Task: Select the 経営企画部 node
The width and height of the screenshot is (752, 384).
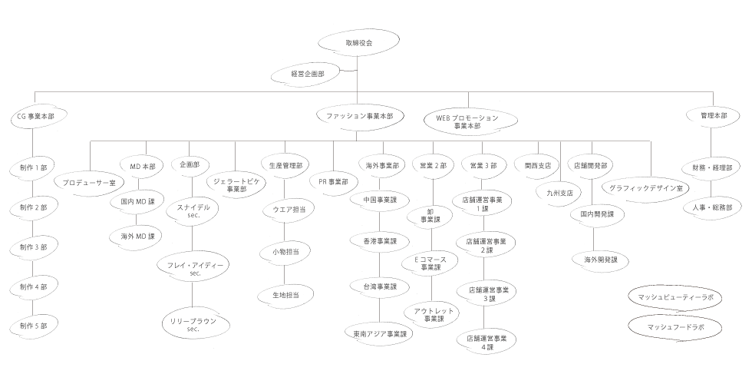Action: coord(307,74)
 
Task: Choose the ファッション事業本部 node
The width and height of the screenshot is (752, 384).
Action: coord(355,116)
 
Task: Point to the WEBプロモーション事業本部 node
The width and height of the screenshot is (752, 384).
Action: coord(467,121)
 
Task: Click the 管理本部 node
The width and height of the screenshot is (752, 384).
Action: coord(714,115)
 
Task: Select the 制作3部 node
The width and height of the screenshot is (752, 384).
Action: coord(33,247)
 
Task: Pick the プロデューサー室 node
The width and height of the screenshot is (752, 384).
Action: coord(91,183)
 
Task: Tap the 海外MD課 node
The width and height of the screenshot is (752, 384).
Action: coord(137,236)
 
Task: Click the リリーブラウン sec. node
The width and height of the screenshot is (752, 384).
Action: coord(192,323)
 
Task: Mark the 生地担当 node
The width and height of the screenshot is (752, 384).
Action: coord(285,294)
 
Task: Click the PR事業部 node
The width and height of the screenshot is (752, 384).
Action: coord(334,182)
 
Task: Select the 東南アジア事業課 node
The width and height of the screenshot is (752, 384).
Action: coord(380,334)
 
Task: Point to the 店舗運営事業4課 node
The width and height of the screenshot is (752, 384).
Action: coord(487,343)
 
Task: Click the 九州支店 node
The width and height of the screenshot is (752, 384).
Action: coord(559,193)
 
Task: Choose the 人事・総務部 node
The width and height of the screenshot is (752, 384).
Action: coord(713,207)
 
